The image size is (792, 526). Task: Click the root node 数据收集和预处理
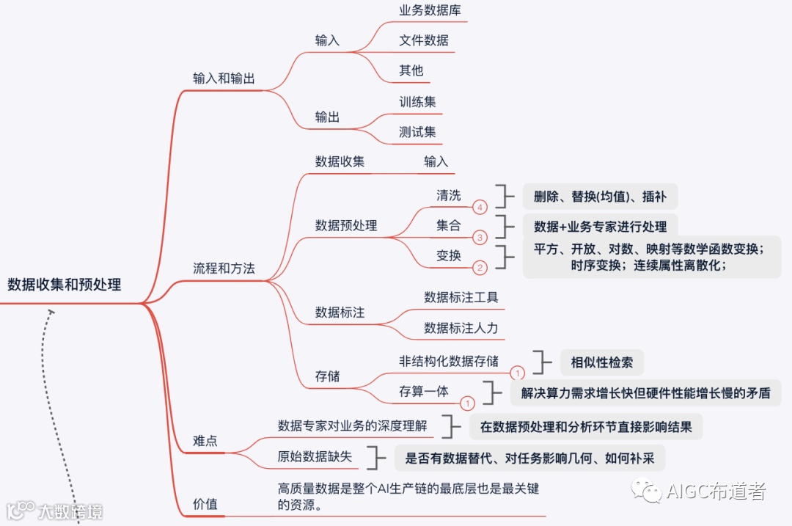(x=65, y=285)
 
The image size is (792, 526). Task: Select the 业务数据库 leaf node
(x=430, y=10)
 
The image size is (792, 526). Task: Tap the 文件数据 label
(x=424, y=40)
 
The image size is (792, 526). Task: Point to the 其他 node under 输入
(x=411, y=70)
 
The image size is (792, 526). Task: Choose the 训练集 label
(x=417, y=102)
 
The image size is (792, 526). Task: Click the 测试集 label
(x=417, y=132)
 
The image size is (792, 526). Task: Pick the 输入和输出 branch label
(x=224, y=78)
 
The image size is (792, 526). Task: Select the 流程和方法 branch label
(x=224, y=269)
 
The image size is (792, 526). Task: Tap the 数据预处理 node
(x=346, y=225)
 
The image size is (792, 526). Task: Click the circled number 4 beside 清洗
(x=480, y=208)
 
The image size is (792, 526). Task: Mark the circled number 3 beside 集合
(x=480, y=238)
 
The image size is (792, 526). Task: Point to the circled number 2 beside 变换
(x=480, y=268)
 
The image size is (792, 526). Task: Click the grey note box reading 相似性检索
(x=602, y=362)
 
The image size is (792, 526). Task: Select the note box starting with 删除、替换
(x=600, y=196)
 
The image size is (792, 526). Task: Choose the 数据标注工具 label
(x=461, y=297)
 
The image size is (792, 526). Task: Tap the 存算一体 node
(x=424, y=391)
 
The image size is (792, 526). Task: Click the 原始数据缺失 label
(x=315, y=456)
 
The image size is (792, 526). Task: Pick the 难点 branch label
(x=205, y=441)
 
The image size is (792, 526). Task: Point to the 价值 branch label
(x=205, y=504)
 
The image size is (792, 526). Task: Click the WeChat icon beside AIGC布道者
(x=648, y=490)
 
